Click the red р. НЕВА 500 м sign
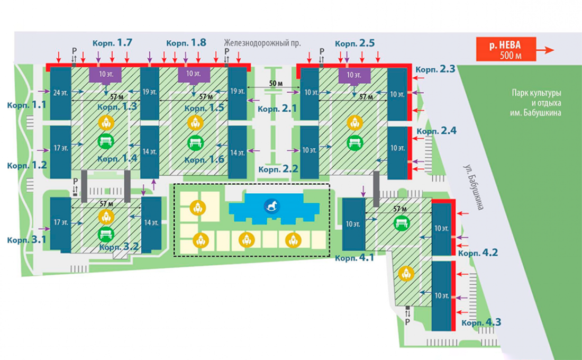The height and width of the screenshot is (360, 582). click(506, 49)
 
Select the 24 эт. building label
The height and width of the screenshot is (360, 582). click(61, 93)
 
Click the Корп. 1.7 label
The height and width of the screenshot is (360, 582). click(113, 43)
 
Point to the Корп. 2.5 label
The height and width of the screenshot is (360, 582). click(355, 43)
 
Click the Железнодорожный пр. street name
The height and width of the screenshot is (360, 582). click(262, 43)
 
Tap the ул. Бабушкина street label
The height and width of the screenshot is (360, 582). click(473, 187)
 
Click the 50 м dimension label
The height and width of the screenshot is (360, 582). click(276, 83)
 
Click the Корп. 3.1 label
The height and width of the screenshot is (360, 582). click(27, 240)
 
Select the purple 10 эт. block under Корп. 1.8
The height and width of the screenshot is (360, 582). click(194, 75)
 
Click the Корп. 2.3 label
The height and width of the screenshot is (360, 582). click(435, 69)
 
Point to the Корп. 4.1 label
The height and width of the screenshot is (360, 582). click(354, 258)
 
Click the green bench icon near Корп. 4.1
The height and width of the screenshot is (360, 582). click(402, 222)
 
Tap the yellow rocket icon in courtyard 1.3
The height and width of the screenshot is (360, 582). click(106, 123)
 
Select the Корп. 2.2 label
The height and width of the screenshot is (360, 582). click(278, 169)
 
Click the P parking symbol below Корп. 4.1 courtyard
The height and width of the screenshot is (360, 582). click(407, 321)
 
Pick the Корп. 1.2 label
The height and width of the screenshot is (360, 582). click(27, 165)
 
